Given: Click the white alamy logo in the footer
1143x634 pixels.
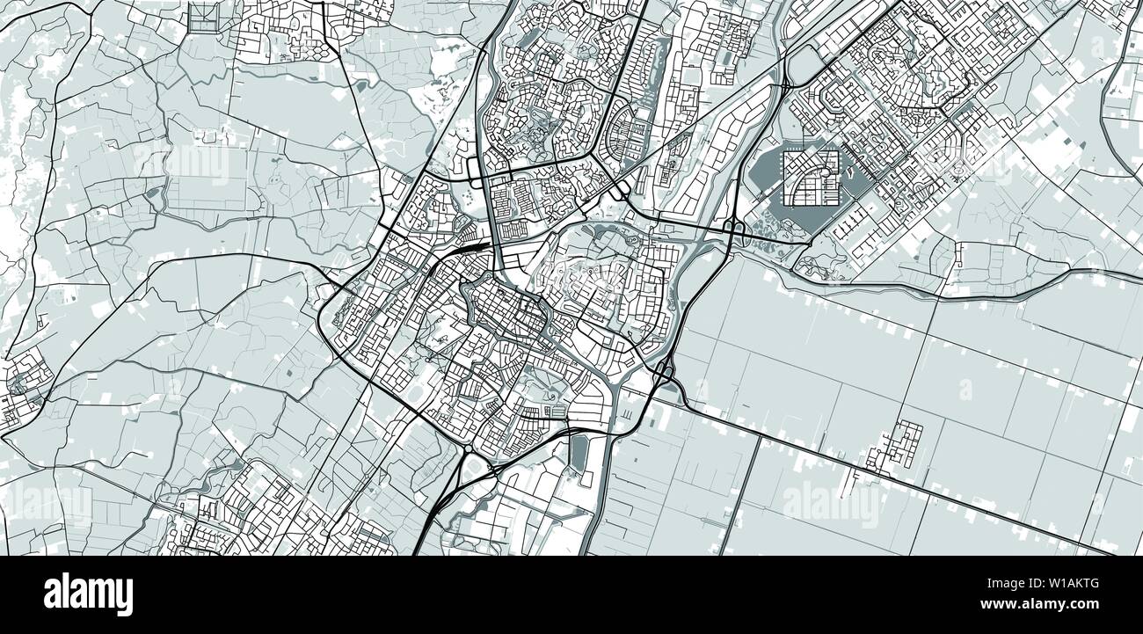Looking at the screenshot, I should [x=88, y=594].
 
